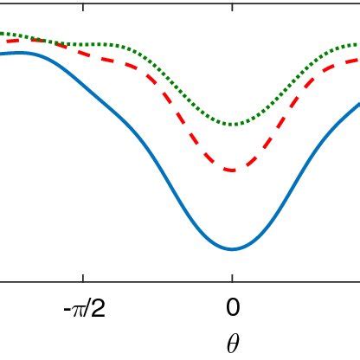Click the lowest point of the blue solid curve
[x=232, y=249]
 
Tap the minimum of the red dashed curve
[x=232, y=170]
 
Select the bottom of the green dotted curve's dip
[x=232, y=125]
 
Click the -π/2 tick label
[x=84, y=309]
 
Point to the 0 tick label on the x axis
[x=232, y=309]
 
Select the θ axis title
[x=232, y=344]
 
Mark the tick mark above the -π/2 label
[x=84, y=277]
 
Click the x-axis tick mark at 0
[x=232, y=277]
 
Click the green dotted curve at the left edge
[x=3, y=34]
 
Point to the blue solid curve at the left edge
[x=3, y=55]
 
